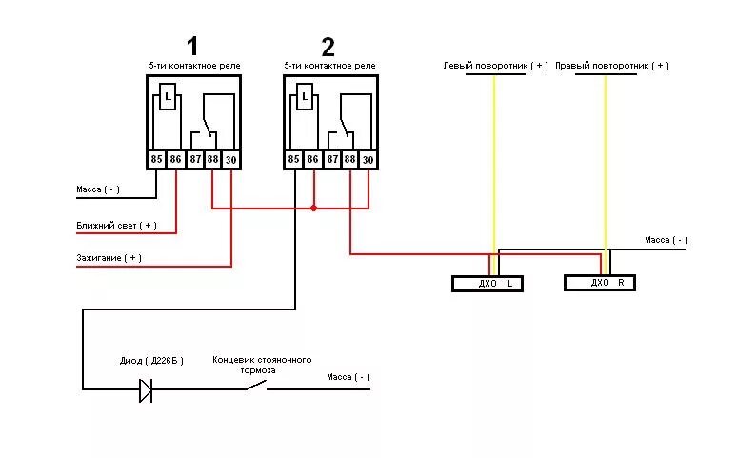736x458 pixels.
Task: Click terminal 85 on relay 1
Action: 156,160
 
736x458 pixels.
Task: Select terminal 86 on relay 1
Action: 175,160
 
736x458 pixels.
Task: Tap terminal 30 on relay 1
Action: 230,160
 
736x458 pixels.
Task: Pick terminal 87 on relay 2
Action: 331,160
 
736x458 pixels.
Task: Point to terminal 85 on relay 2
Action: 293,160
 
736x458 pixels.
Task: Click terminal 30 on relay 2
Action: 368,160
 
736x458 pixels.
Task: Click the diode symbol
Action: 146,389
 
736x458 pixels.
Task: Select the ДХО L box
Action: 487,284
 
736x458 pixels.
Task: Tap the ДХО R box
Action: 599,283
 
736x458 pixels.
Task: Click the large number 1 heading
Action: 192,45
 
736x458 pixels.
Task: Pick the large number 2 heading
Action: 328,46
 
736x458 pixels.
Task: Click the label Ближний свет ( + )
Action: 116,226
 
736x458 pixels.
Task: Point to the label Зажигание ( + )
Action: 109,257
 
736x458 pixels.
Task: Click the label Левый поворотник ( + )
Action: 495,66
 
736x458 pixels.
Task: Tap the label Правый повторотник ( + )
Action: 611,66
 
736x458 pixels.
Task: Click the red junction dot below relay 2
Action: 313,208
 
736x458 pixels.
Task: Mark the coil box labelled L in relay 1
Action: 168,97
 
